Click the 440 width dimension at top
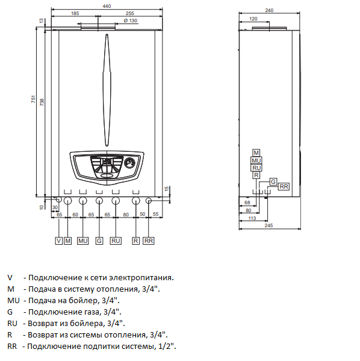click(107, 5)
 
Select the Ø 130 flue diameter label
click(131, 20)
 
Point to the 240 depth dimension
click(268, 10)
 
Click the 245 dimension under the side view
click(268, 225)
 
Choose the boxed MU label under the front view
click(83, 241)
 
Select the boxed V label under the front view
click(58, 241)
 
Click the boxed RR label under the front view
click(149, 241)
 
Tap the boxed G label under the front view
click(99, 241)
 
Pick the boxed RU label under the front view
click(116, 241)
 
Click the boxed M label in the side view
click(256, 153)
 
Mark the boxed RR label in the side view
click(284, 187)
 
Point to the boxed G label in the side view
click(273, 181)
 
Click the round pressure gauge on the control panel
click(129, 163)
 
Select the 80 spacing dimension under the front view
click(125, 214)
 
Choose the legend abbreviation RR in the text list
click(11, 346)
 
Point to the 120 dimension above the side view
click(253, 19)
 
